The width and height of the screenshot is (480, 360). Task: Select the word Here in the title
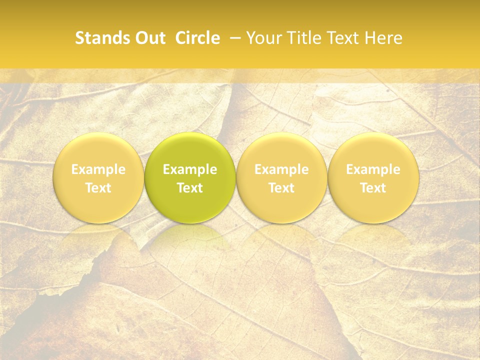(x=383, y=38)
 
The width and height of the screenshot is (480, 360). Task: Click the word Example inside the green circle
(x=190, y=169)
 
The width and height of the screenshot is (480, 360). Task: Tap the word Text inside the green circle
(x=190, y=188)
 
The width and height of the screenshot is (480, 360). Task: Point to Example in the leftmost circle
(x=98, y=169)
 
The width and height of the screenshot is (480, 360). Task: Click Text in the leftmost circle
(x=98, y=188)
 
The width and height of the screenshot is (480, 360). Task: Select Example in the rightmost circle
(x=373, y=169)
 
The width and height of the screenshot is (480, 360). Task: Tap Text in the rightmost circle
(x=373, y=188)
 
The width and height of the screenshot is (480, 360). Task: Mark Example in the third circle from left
(x=281, y=169)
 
